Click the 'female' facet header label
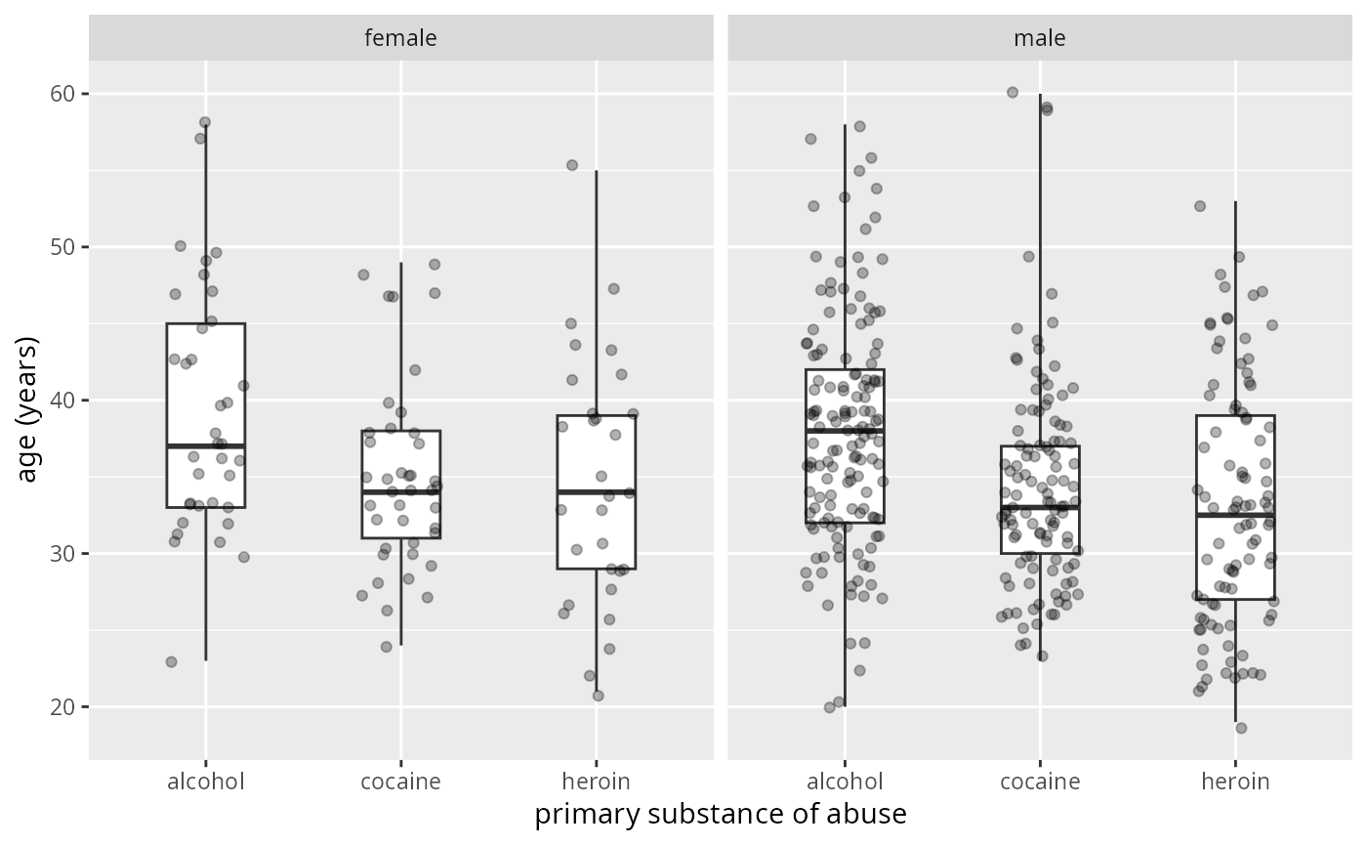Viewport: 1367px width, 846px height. [x=400, y=38]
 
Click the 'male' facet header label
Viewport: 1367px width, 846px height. [x=1040, y=38]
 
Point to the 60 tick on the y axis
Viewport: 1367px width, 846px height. [x=68, y=94]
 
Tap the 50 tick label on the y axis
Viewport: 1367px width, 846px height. [x=68, y=247]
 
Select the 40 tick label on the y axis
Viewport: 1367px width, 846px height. [x=68, y=401]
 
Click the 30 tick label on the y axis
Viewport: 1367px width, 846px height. [x=68, y=554]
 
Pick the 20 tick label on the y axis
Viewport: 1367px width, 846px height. [x=68, y=707]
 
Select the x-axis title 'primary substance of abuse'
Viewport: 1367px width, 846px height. [x=721, y=815]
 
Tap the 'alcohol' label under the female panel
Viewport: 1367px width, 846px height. [x=205, y=782]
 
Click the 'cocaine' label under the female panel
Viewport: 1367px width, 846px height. [x=400, y=782]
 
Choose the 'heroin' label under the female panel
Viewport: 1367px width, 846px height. [x=596, y=782]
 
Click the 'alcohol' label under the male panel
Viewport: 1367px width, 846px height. [x=845, y=782]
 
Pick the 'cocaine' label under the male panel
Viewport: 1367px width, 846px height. [x=1040, y=782]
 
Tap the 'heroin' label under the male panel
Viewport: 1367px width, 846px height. [x=1235, y=782]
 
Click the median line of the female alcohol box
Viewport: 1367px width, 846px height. [x=205, y=445]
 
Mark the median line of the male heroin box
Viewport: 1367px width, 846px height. [x=1235, y=515]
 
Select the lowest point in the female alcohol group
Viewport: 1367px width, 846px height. [x=171, y=661]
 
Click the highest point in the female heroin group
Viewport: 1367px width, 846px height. [x=572, y=165]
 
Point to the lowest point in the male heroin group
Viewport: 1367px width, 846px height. [x=1241, y=728]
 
